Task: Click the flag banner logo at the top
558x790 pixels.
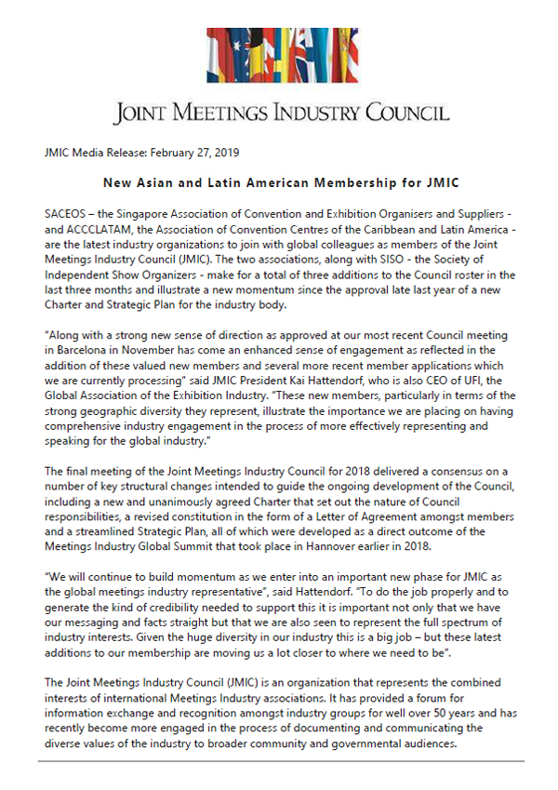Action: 279,58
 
